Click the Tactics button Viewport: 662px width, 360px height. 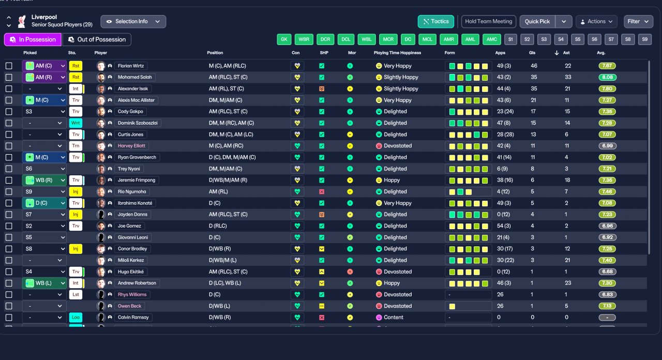coord(435,22)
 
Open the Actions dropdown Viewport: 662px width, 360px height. coord(596,22)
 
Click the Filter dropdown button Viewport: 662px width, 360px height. coord(638,22)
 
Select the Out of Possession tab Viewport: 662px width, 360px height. coord(97,39)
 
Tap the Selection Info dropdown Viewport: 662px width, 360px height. coord(133,22)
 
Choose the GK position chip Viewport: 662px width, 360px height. coord(284,39)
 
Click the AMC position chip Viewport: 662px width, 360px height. coord(491,39)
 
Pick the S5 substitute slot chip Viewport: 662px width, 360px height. coord(578,39)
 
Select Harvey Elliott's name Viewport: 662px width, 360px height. coord(132,146)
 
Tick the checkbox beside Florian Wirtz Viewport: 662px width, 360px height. coord(9,66)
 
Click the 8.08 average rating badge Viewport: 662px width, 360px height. coord(607,77)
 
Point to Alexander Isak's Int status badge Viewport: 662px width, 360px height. coord(76,88)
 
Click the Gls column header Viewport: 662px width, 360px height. coord(532,53)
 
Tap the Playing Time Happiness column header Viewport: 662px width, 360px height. coord(397,53)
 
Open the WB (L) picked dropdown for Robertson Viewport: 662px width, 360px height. coord(44,283)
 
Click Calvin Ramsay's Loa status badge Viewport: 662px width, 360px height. coord(76,317)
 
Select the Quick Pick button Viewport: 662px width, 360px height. coord(537,22)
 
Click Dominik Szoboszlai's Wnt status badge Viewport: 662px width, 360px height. coord(76,123)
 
